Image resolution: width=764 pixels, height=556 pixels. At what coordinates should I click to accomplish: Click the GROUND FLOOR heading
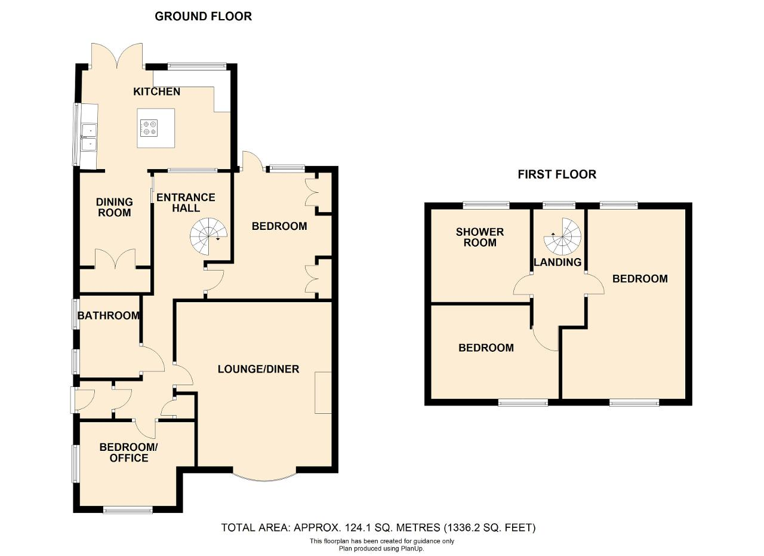(204, 16)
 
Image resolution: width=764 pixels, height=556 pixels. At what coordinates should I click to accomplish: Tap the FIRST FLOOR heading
(557, 174)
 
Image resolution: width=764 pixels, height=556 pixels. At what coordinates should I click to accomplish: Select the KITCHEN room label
(156, 91)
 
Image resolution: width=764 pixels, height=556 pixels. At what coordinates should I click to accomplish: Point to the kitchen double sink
(89, 137)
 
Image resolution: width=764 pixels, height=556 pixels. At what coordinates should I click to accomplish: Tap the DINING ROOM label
(114, 207)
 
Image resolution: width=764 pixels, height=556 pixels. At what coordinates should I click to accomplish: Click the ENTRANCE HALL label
(186, 202)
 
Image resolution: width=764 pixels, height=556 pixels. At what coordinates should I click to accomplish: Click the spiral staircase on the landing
(562, 236)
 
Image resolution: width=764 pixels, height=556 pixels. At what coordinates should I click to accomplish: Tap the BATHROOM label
(109, 315)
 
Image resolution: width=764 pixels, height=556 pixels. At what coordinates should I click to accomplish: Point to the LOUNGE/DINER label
(258, 369)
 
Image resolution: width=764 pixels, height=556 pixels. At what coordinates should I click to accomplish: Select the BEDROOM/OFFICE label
(128, 453)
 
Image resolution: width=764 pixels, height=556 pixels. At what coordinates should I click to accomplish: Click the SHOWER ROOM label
(480, 237)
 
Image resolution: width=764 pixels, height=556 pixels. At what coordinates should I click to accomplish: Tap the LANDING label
(557, 262)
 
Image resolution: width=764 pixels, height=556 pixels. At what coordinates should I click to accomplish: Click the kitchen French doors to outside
(117, 56)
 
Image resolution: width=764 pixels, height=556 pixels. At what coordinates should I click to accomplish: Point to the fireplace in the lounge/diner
(324, 393)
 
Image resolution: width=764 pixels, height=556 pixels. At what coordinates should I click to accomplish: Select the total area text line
(378, 528)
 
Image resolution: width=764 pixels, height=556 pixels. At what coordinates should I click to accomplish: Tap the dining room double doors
(115, 259)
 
